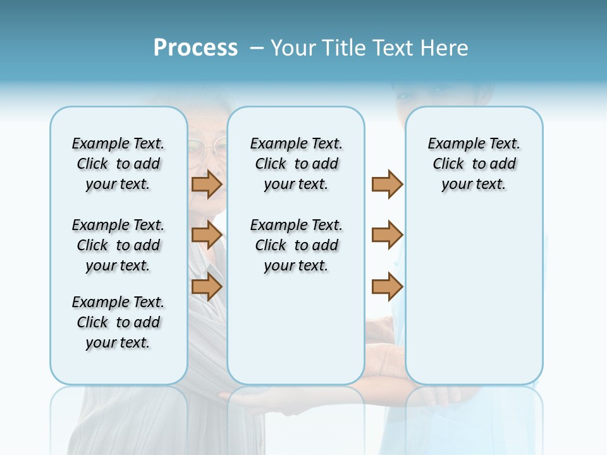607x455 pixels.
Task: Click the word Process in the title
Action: pyautogui.click(x=195, y=47)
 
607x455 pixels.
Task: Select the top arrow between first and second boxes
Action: pyautogui.click(x=207, y=184)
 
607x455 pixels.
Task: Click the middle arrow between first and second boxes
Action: pyautogui.click(x=207, y=235)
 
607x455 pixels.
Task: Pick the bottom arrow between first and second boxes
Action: pyautogui.click(x=207, y=286)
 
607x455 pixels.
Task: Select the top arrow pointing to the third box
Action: pyautogui.click(x=387, y=184)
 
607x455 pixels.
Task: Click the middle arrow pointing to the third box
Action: pyautogui.click(x=387, y=235)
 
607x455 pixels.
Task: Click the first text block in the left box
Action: pyautogui.click(x=118, y=164)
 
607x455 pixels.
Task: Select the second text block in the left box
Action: pyautogui.click(x=118, y=245)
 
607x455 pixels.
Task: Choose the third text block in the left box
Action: pyautogui.click(x=118, y=322)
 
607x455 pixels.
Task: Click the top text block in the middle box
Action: pyautogui.click(x=296, y=164)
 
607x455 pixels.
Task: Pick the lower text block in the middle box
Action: pyautogui.click(x=296, y=245)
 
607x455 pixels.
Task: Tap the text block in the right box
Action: pyautogui.click(x=474, y=164)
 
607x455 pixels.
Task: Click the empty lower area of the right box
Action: pyautogui.click(x=474, y=297)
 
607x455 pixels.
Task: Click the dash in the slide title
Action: pyautogui.click(x=257, y=48)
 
